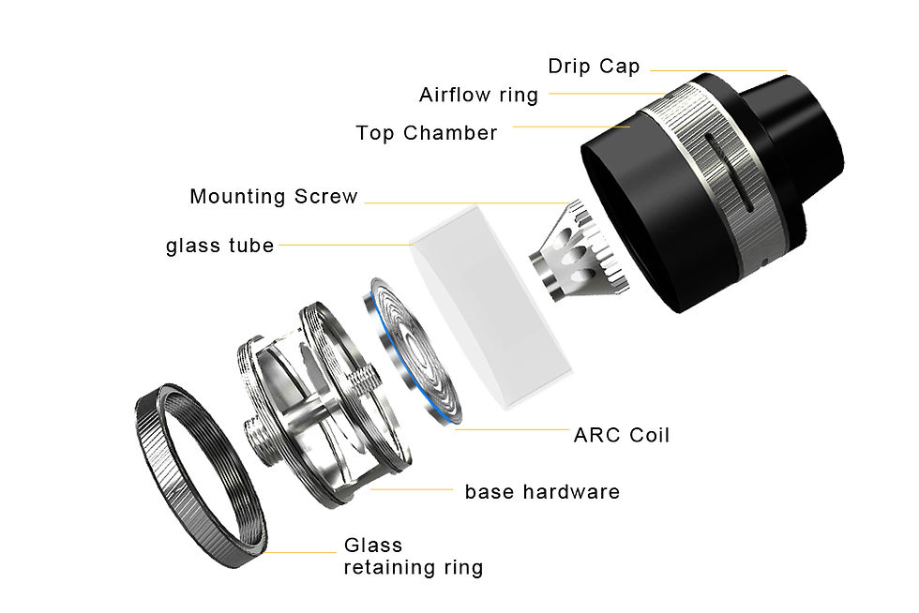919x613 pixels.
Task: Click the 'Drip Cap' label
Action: point(594,67)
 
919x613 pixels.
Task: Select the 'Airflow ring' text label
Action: point(478,96)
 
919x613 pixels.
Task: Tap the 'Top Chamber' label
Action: point(427,133)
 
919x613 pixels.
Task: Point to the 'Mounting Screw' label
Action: point(274,197)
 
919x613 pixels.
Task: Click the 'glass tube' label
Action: point(220,246)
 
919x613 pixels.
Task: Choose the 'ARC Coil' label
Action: point(622,435)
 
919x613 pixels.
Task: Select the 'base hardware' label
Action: point(542,492)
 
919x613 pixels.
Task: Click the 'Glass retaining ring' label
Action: point(413,557)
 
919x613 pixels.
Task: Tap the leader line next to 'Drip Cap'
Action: point(717,70)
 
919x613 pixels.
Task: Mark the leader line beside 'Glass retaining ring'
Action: point(300,552)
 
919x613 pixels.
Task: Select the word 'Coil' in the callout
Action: point(650,435)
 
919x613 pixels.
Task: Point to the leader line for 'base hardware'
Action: point(413,488)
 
